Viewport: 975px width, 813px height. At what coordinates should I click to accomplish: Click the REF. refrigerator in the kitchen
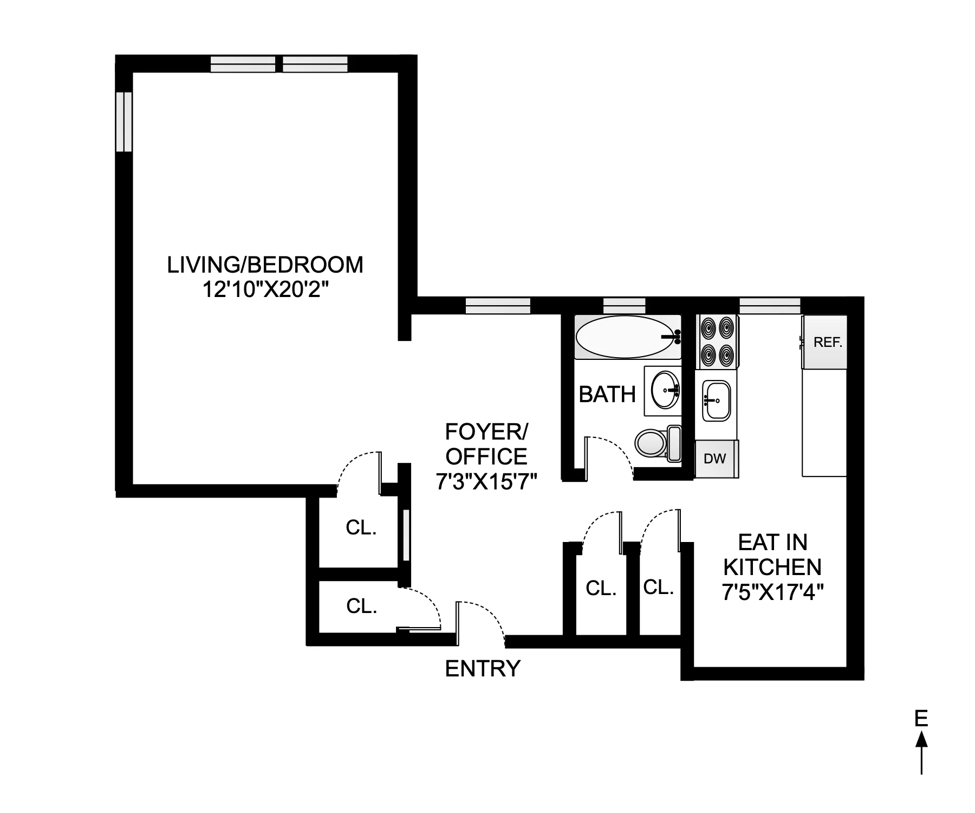pyautogui.click(x=824, y=342)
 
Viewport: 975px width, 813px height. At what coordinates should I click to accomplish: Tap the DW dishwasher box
pyautogui.click(x=716, y=459)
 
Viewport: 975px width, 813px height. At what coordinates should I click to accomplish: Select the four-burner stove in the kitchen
pyautogui.click(x=716, y=341)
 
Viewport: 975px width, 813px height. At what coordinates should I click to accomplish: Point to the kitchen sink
pyautogui.click(x=716, y=401)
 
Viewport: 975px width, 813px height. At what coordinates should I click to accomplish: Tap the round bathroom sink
pyautogui.click(x=664, y=390)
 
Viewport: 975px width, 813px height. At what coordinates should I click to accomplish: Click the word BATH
pyautogui.click(x=607, y=395)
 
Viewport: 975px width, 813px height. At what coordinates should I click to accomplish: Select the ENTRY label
pyautogui.click(x=482, y=669)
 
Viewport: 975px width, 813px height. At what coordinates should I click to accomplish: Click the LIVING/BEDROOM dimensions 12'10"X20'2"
pyautogui.click(x=265, y=290)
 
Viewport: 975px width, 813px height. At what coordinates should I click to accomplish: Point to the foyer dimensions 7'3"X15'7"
pyautogui.click(x=486, y=481)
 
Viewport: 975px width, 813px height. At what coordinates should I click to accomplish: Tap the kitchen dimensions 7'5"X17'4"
pyautogui.click(x=772, y=592)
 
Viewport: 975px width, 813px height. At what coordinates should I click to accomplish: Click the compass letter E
pyautogui.click(x=921, y=719)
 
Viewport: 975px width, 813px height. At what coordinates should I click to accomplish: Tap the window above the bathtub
pyautogui.click(x=624, y=305)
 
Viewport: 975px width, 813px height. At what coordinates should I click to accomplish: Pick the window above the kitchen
pyautogui.click(x=769, y=305)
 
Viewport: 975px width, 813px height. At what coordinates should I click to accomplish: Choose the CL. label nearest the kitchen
pyautogui.click(x=658, y=586)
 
